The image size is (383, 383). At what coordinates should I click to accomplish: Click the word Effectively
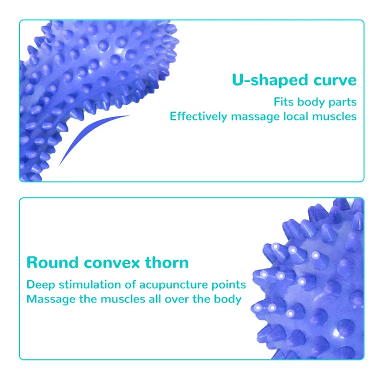(x=198, y=116)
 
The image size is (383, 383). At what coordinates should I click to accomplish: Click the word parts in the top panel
(x=343, y=102)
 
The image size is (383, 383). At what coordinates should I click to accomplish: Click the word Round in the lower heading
(x=52, y=262)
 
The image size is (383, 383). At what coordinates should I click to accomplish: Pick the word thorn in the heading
(x=168, y=262)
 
